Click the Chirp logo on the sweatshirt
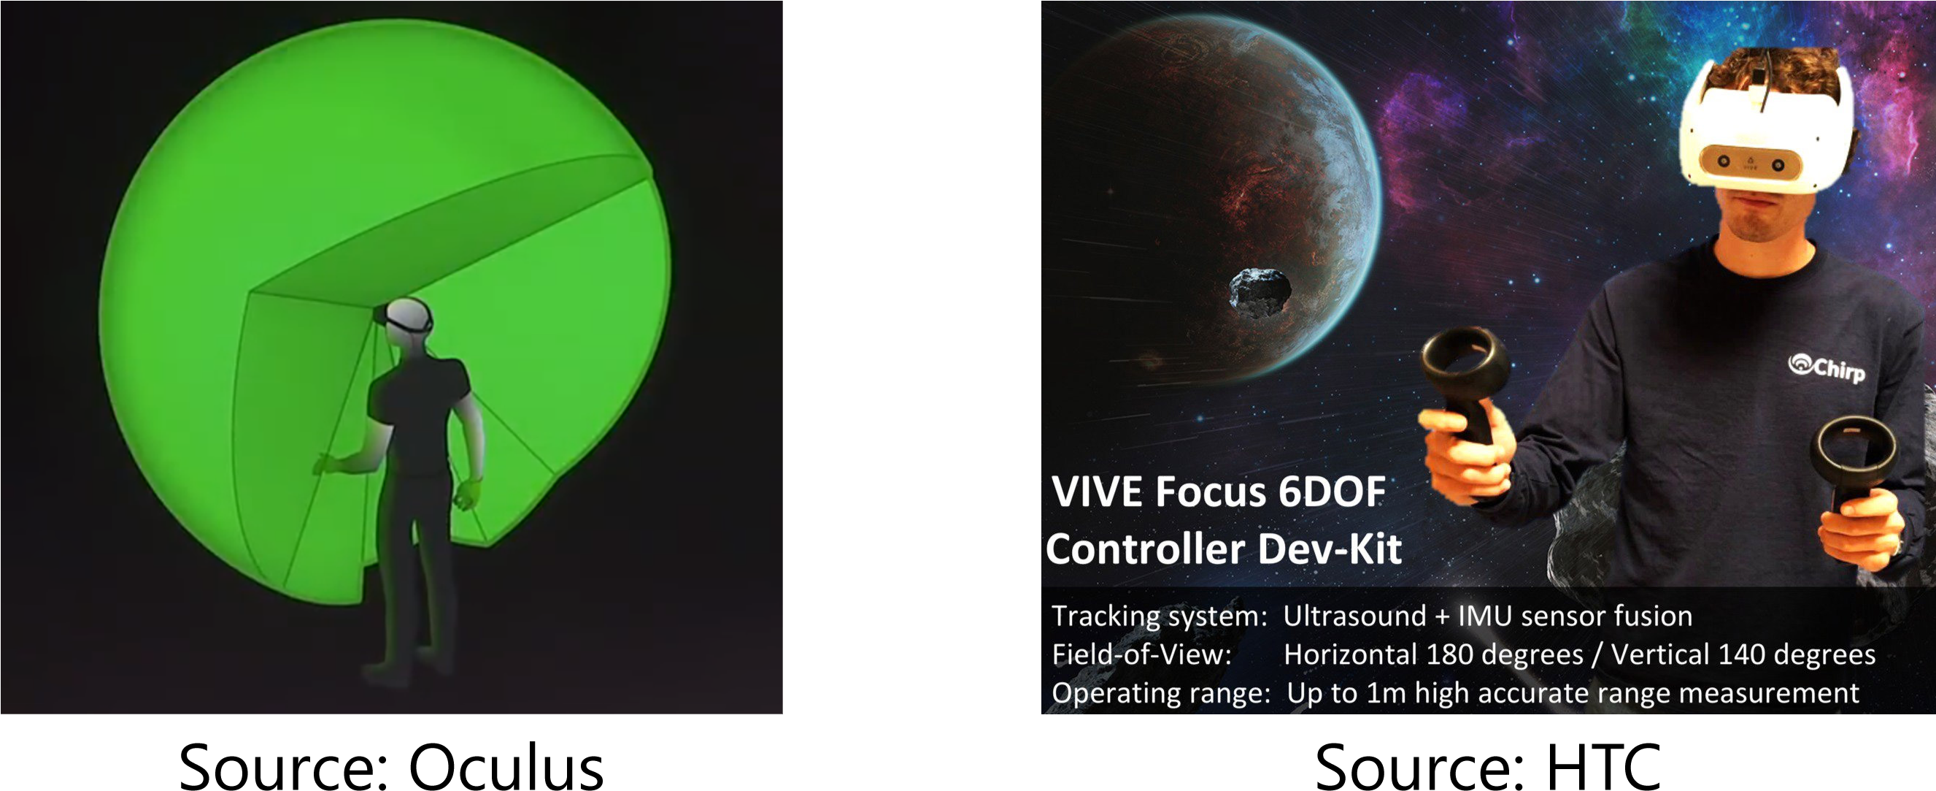1827,367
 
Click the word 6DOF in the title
1331,492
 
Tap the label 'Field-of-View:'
1141,654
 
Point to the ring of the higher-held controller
1462,360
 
